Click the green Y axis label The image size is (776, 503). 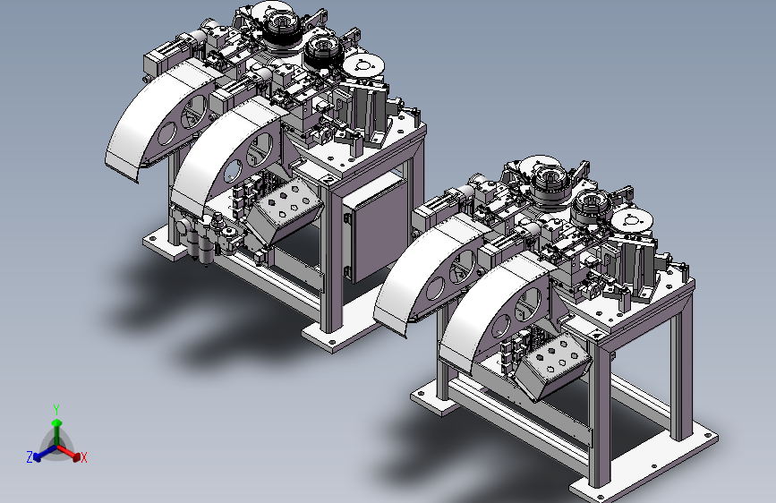tap(56, 409)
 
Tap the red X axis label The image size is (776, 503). tap(83, 457)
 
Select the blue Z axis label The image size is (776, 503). tap(30, 457)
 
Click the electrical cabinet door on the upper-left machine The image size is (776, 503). tap(376, 226)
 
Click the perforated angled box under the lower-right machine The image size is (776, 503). tap(554, 366)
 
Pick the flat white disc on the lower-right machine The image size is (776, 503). tap(632, 221)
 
